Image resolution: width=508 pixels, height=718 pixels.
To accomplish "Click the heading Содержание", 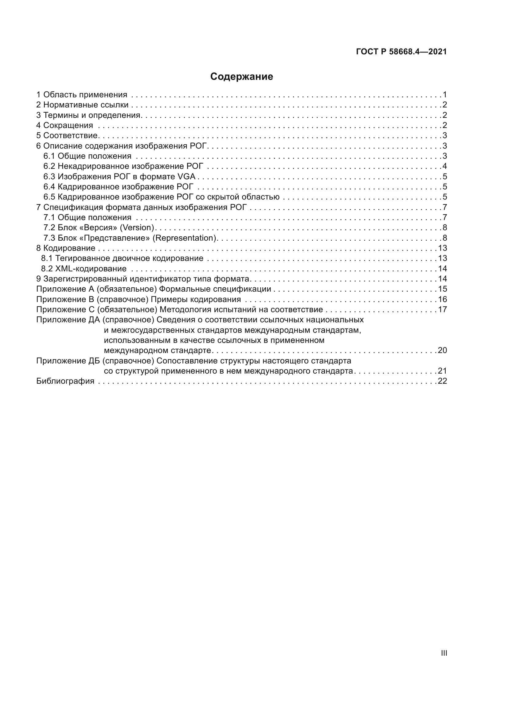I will tap(241, 77).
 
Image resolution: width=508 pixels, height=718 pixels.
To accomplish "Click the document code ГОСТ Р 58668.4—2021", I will tap(401, 52).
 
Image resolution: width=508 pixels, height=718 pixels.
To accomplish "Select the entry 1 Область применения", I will tap(82, 95).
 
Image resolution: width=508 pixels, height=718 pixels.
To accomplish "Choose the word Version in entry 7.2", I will tap(137, 227).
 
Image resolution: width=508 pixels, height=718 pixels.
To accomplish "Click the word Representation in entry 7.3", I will tap(185, 238).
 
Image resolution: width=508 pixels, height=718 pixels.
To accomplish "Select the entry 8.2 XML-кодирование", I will tap(84, 269).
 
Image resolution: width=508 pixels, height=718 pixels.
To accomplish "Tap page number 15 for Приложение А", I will tap(442, 289).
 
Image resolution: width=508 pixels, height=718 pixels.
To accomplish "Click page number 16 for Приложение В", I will tap(442, 299).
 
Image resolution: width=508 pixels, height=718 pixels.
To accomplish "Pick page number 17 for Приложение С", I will tap(442, 310).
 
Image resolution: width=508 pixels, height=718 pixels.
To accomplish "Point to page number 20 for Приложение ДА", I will tap(442, 350).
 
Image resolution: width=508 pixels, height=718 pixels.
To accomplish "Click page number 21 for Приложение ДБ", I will tap(442, 371).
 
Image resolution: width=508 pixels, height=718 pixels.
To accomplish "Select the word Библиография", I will tap(65, 381).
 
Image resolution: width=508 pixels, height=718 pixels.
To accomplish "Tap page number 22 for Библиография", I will tap(442, 381).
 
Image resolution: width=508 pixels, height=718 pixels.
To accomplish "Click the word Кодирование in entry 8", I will tap(69, 248).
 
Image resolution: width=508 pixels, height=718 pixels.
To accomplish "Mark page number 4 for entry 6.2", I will tap(444, 166).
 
